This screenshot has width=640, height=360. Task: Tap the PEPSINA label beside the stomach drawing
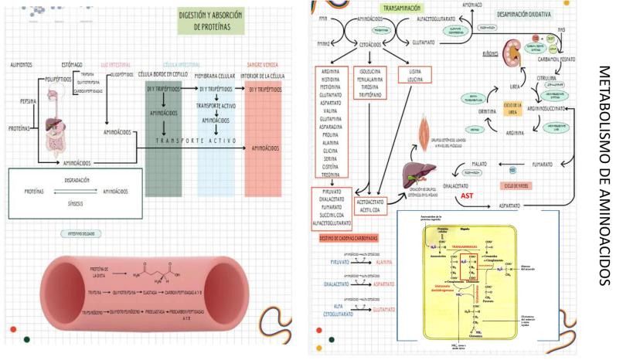pyautogui.click(x=20, y=101)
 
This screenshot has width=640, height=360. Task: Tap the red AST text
pyautogui.click(x=467, y=196)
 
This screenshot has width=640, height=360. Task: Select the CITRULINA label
pyautogui.click(x=546, y=79)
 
